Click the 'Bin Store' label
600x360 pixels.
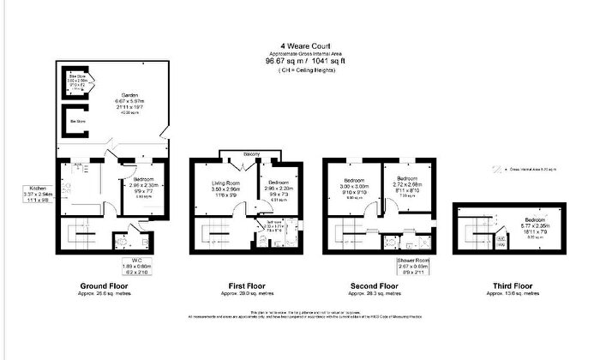(77, 122)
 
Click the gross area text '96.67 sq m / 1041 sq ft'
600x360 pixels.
(301, 62)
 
